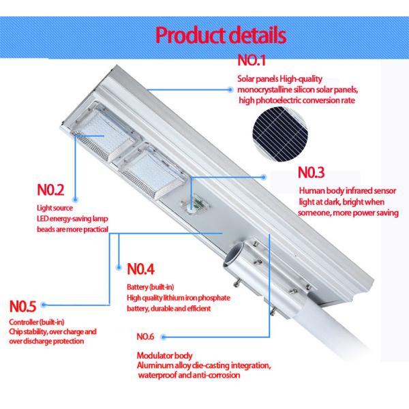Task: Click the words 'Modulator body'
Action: pyautogui.click(x=164, y=356)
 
